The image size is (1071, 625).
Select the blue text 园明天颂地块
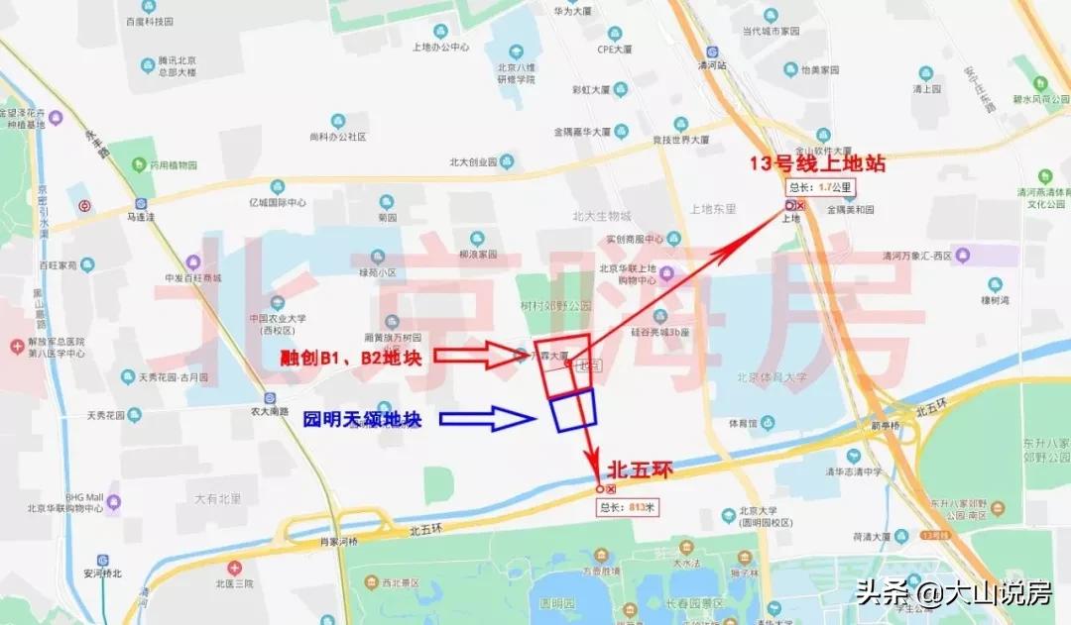[363, 418]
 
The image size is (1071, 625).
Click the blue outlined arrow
[488, 419]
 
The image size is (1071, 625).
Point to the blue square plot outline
[573, 410]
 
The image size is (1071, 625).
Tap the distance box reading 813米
[629, 507]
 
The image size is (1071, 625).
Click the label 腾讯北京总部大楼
[178, 66]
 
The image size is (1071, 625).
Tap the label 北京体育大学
[772, 376]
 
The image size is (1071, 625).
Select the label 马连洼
[142, 214]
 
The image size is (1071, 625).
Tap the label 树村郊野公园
[556, 307]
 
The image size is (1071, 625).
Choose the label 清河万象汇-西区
[917, 257]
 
